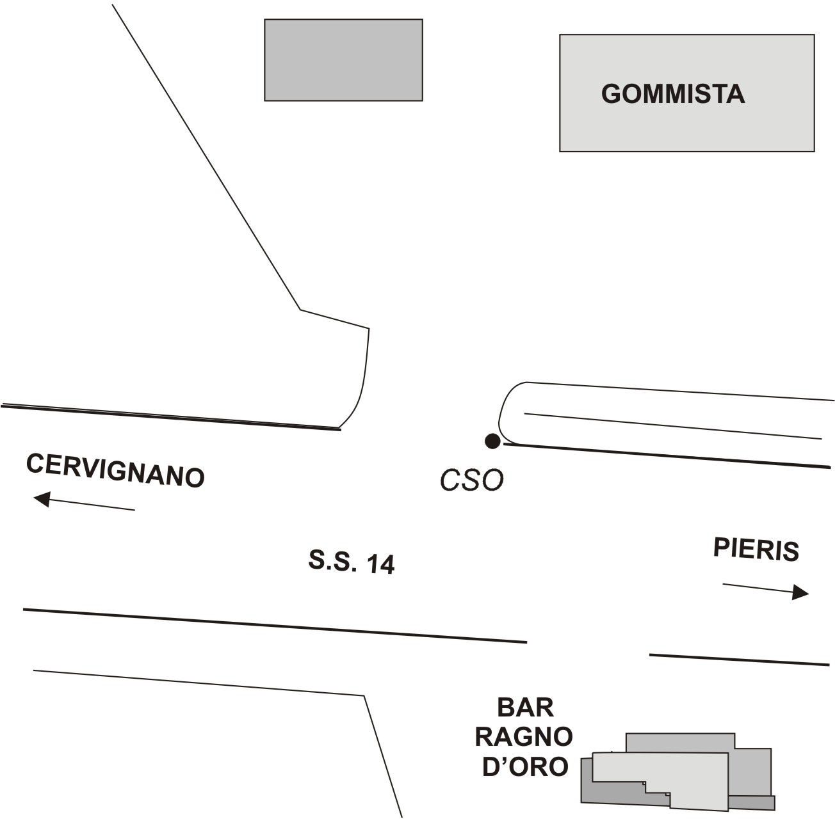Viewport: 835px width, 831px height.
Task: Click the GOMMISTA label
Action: [x=673, y=94]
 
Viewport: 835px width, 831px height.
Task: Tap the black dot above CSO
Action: [x=492, y=441]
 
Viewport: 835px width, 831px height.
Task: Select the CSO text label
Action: [x=472, y=480]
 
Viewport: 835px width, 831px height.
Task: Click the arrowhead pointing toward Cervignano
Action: [x=42, y=499]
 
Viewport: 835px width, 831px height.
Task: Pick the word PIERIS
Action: [x=756, y=550]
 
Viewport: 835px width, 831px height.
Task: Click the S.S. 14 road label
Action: [x=352, y=562]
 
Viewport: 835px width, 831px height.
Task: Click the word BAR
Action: [x=525, y=708]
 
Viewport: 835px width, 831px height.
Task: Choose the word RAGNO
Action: [x=524, y=736]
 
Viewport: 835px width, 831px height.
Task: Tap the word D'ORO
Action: [x=524, y=766]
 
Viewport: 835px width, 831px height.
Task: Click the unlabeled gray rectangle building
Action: [x=344, y=59]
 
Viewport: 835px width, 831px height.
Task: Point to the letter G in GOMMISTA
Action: [x=612, y=94]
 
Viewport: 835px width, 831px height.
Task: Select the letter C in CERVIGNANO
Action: [x=35, y=463]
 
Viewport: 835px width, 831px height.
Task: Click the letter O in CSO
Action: [x=493, y=480]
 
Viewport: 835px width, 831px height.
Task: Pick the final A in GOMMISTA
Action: [x=735, y=94]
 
